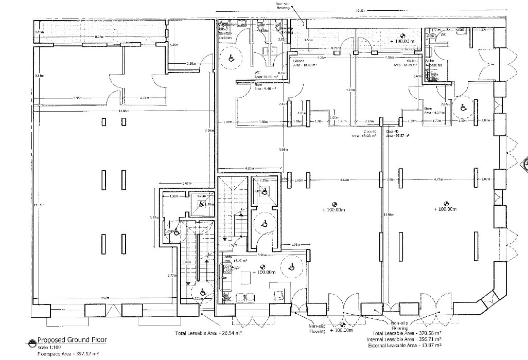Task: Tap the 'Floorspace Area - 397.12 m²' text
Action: point(67,353)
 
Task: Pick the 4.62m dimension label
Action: point(345,180)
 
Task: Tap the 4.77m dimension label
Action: point(438,180)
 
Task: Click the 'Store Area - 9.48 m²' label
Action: point(261,87)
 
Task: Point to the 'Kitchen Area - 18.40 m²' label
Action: point(304,64)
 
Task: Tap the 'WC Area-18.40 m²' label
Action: point(262,75)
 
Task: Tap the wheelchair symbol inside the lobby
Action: point(291,266)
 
